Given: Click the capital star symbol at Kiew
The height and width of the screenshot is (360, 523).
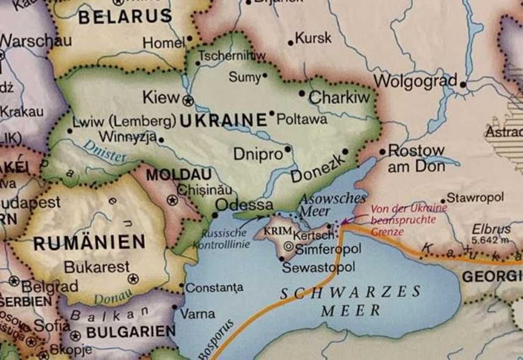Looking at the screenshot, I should (x=187, y=100).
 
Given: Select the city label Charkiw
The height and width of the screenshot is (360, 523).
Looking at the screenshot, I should (x=339, y=97).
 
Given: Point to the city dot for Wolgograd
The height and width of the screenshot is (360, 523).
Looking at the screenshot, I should (x=463, y=84).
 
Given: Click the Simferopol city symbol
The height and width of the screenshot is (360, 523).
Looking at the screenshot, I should (x=288, y=247).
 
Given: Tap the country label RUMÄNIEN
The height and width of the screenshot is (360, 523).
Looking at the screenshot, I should (x=89, y=242).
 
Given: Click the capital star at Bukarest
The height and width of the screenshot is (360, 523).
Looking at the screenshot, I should (x=133, y=278).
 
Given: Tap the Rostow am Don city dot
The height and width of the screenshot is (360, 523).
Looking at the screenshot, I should (x=382, y=152).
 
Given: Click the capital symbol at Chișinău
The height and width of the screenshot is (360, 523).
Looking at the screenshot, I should (x=172, y=200).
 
